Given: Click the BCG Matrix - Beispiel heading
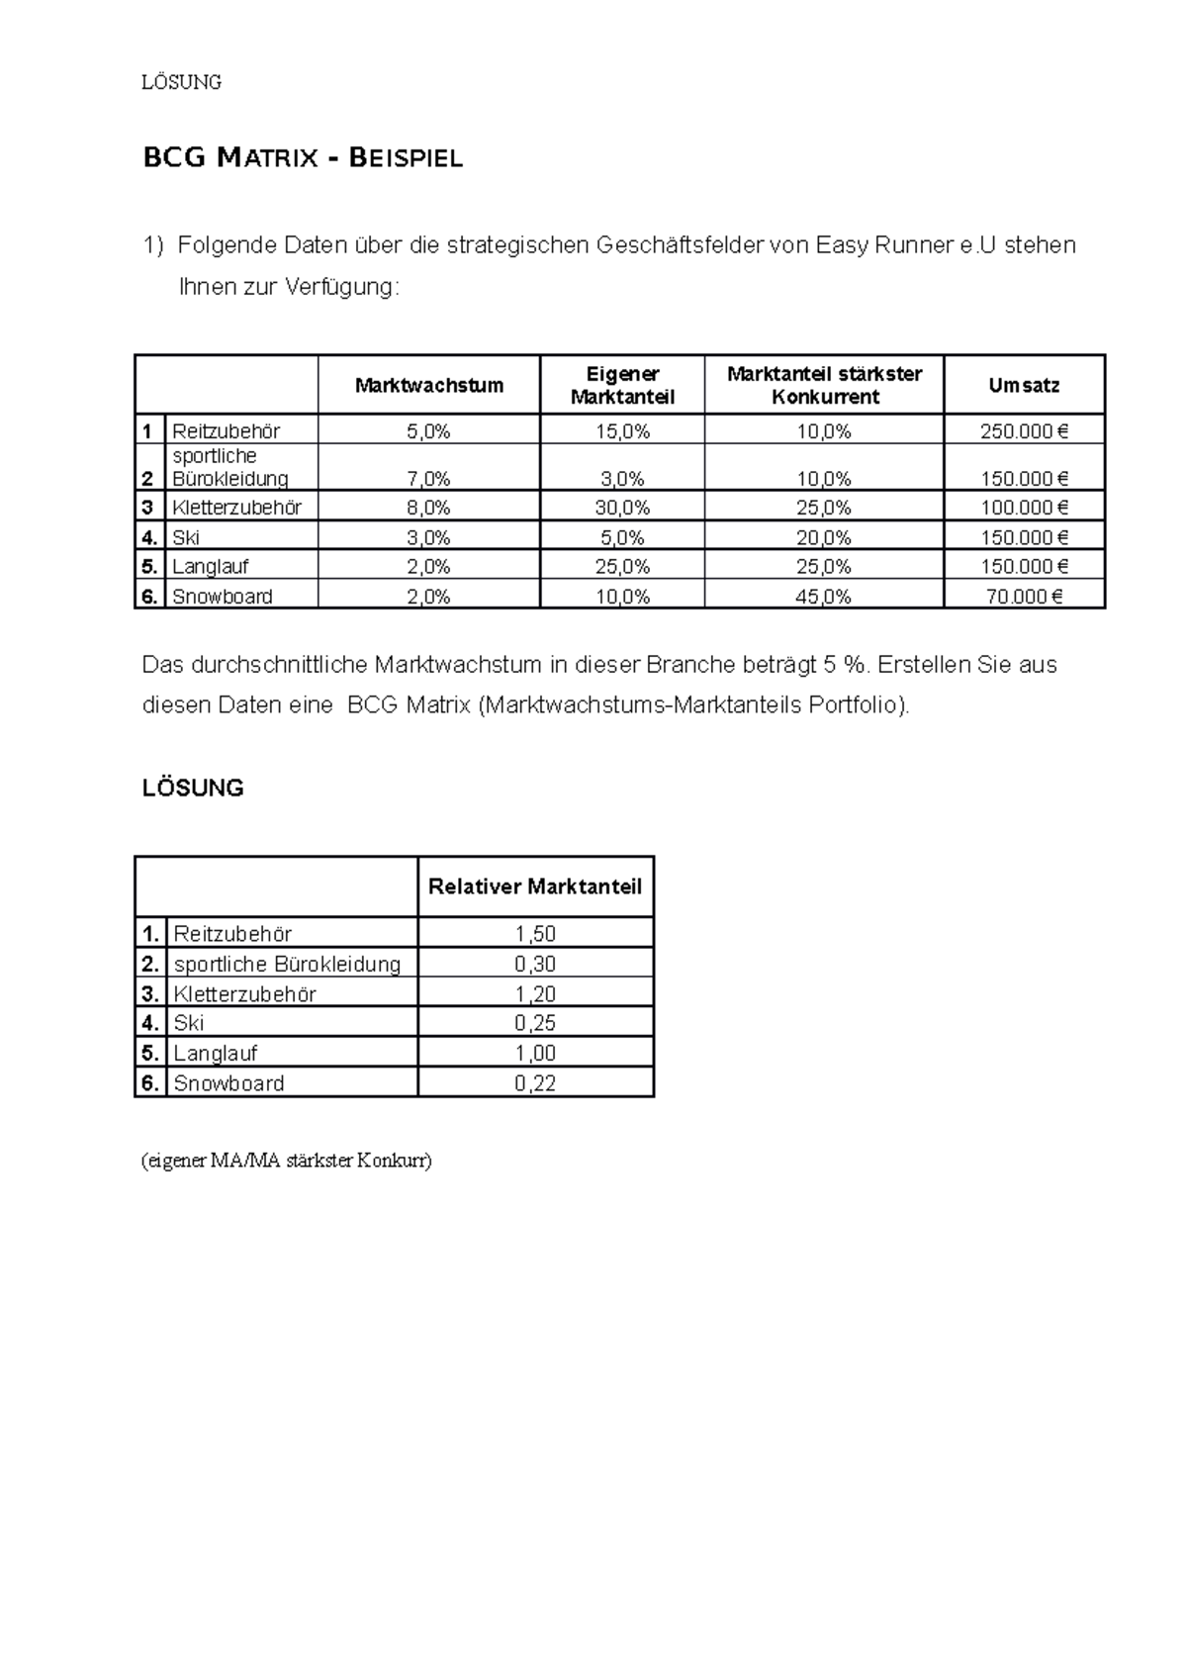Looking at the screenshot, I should pos(303,158).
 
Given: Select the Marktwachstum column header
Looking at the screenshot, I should pos(428,386).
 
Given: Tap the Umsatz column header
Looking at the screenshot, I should pos(1024,386).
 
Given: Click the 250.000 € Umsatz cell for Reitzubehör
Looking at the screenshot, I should pos(1024,431).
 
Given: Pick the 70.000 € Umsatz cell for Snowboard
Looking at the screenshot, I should pos(1024,597).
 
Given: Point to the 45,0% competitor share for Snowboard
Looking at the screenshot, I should pos(824,597).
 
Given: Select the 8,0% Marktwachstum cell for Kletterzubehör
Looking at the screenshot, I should pos(428,508).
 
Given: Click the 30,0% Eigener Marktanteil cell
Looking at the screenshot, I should pos(622,508).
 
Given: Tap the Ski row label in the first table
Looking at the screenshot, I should pos(186,538).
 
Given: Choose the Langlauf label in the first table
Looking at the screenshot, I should pos(210,567).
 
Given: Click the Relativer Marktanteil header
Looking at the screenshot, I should pos(535,887).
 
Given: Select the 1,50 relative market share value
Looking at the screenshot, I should pos(535,934).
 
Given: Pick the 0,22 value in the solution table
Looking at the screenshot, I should pos(535,1083).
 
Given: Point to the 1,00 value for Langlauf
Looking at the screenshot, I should pos(535,1054).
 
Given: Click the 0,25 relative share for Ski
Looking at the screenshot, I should pos(535,1023).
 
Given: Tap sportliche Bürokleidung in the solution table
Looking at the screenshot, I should pos(287,964).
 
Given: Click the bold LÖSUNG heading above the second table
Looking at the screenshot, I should pos(193,789).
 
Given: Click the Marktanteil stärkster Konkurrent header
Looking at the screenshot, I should pos(824,386).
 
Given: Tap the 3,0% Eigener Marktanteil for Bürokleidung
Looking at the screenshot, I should pos(622,479).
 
